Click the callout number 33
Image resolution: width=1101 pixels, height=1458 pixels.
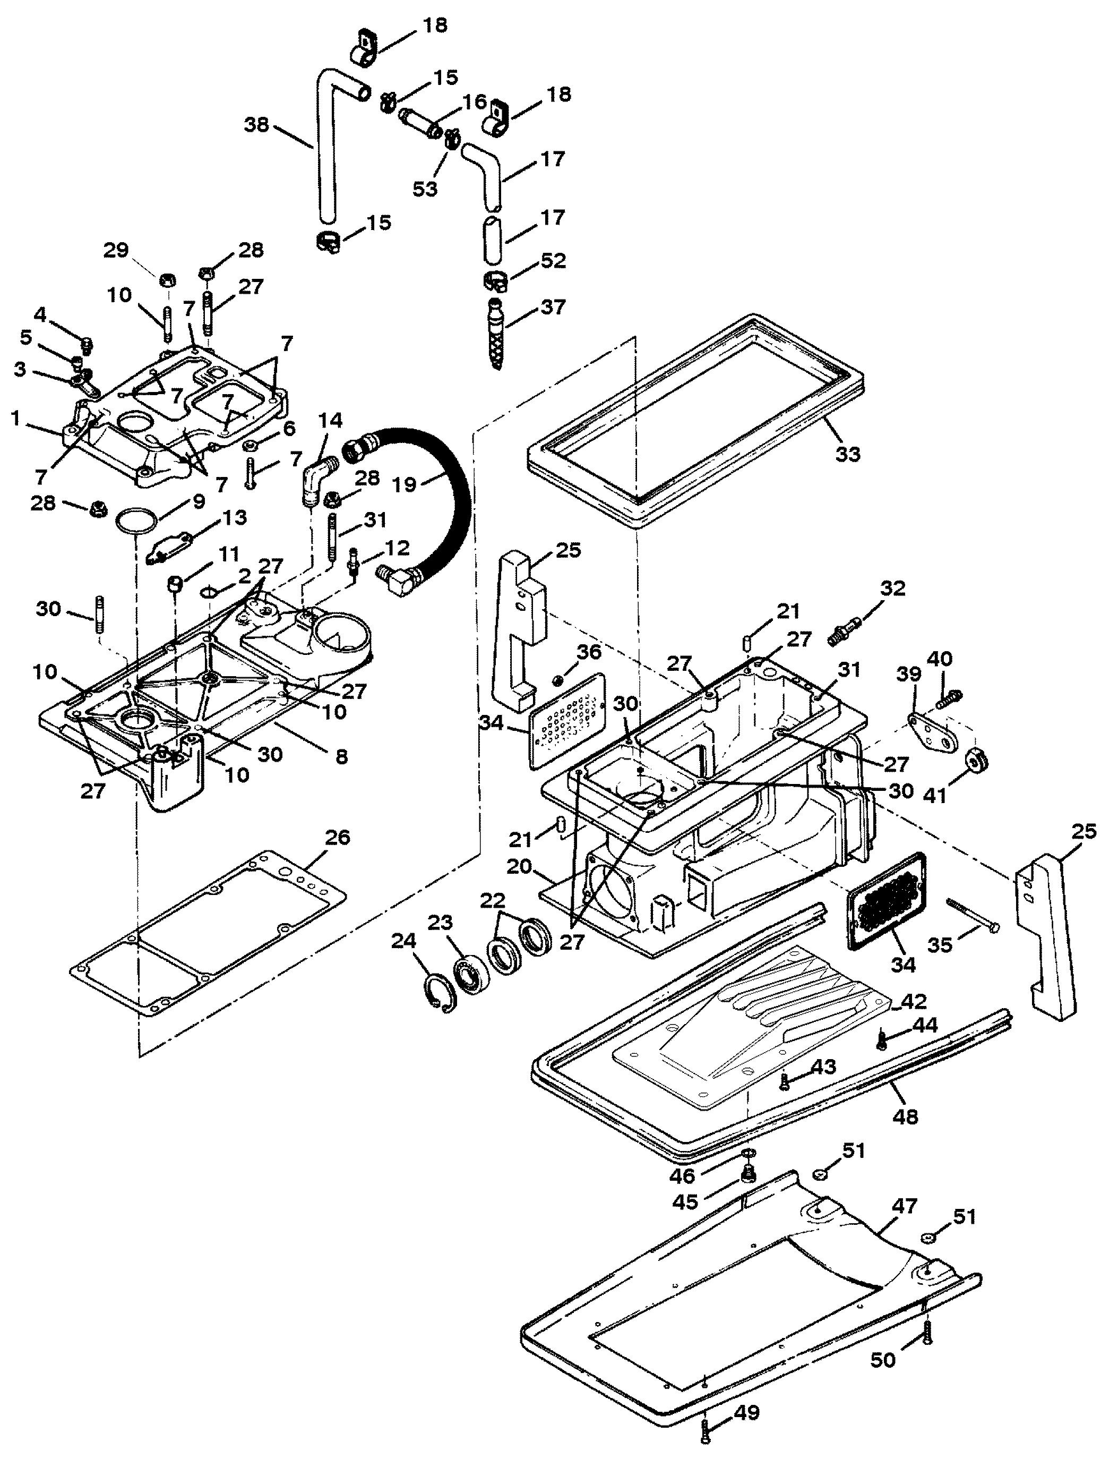(847, 454)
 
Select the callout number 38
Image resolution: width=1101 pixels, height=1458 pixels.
(257, 124)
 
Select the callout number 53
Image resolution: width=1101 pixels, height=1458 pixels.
(425, 189)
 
